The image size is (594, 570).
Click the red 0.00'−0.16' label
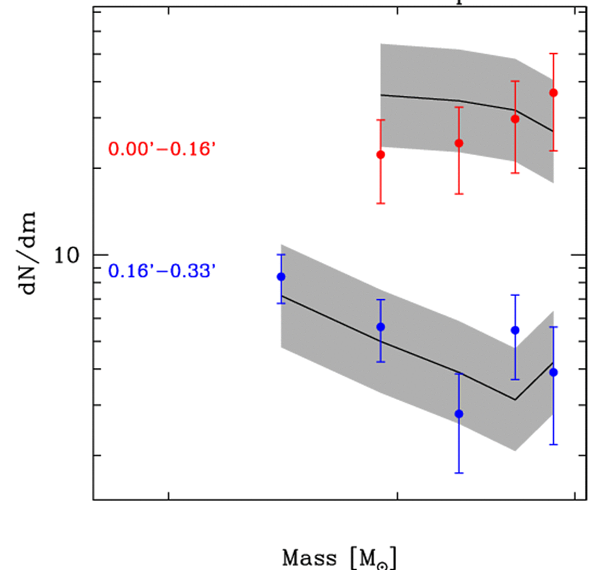162,149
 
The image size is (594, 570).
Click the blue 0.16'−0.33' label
162,270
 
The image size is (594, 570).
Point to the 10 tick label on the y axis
69,256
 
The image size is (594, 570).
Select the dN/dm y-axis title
30,252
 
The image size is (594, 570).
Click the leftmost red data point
381,154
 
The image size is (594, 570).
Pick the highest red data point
553,92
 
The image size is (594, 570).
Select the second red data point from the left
459,143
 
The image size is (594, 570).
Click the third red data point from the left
515,119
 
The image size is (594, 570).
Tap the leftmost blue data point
281,276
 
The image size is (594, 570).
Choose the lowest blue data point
459,413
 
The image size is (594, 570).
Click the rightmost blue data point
553,372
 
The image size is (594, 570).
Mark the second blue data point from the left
381,327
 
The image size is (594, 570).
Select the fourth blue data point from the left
515,330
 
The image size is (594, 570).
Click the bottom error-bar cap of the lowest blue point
459,473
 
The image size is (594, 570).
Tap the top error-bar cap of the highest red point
553,53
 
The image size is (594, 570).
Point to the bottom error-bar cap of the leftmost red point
381,203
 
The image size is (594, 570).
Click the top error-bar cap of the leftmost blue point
281,255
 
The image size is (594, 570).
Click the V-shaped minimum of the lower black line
515,399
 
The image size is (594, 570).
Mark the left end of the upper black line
381,95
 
